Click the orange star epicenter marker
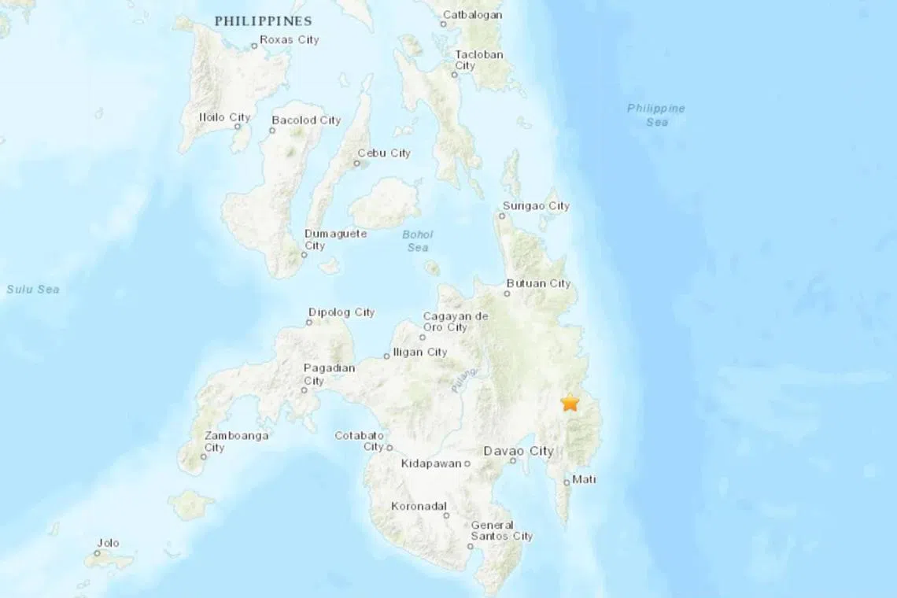pos(570,402)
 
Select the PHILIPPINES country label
pos(264,21)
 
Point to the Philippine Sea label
pos(656,115)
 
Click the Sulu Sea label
pos(33,290)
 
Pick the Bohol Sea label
pos(418,241)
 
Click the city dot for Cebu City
pos(356,164)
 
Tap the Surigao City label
pos(537,206)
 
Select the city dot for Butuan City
pos(507,294)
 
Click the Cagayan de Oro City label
pos(455,321)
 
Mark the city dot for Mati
pos(567,482)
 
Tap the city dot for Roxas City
pos(254,46)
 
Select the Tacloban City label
pos(478,60)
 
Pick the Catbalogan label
pos(472,14)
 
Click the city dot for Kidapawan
pos(467,463)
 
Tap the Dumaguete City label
pos(324,239)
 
